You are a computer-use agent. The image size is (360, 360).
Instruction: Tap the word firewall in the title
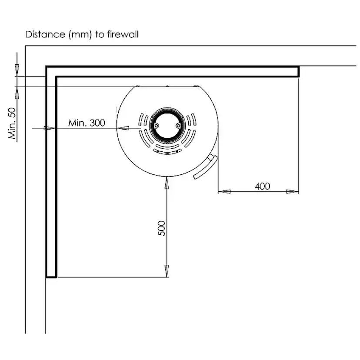click(122, 34)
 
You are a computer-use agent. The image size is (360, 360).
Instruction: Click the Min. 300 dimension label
click(87, 123)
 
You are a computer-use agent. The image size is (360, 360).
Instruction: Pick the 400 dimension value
click(262, 186)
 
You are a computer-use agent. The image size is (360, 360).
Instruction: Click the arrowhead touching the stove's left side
click(124, 128)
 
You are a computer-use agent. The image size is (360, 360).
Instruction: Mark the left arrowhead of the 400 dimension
click(223, 190)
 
